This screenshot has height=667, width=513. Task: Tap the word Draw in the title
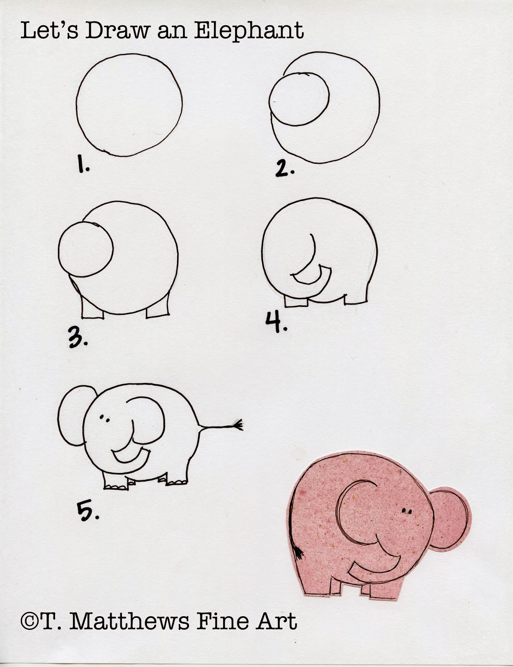coord(118,31)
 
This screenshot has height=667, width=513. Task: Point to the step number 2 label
coord(284,168)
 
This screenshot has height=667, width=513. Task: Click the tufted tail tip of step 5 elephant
coord(238,424)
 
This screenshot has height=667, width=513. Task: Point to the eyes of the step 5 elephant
coord(104,418)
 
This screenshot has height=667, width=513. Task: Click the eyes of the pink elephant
coord(407,511)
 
